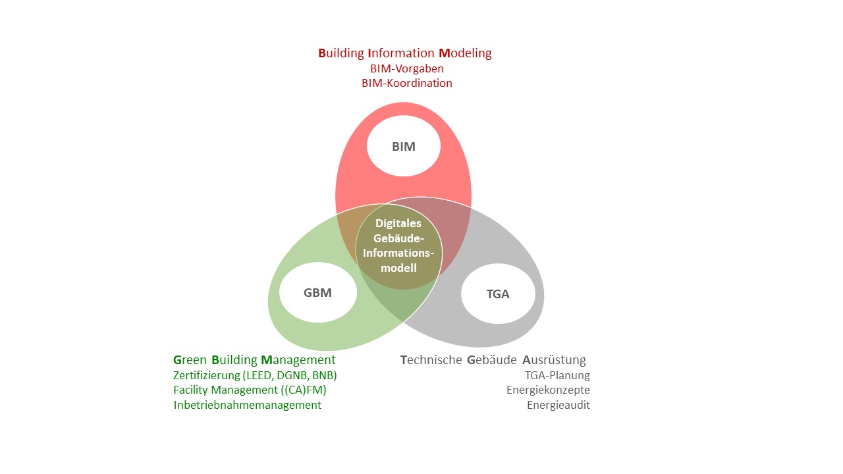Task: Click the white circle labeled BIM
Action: pyautogui.click(x=404, y=147)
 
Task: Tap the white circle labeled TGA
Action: pyautogui.click(x=498, y=294)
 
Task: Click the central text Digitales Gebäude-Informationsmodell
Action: pyautogui.click(x=399, y=246)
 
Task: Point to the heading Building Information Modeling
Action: pyautogui.click(x=405, y=53)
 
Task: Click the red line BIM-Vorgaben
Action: pyautogui.click(x=406, y=68)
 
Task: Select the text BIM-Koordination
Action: pyautogui.click(x=406, y=84)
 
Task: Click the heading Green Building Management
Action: pyautogui.click(x=254, y=360)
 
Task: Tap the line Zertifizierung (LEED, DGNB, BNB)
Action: pyautogui.click(x=255, y=375)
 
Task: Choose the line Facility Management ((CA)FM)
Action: pyautogui.click(x=250, y=390)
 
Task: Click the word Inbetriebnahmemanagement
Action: pyautogui.click(x=247, y=406)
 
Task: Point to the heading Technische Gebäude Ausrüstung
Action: pyautogui.click(x=493, y=360)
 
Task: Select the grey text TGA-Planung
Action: pyautogui.click(x=557, y=375)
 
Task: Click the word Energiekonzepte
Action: pyautogui.click(x=548, y=390)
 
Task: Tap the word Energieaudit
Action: pyautogui.click(x=558, y=406)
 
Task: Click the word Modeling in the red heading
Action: pyautogui.click(x=465, y=53)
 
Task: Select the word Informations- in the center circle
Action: pyautogui.click(x=399, y=253)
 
